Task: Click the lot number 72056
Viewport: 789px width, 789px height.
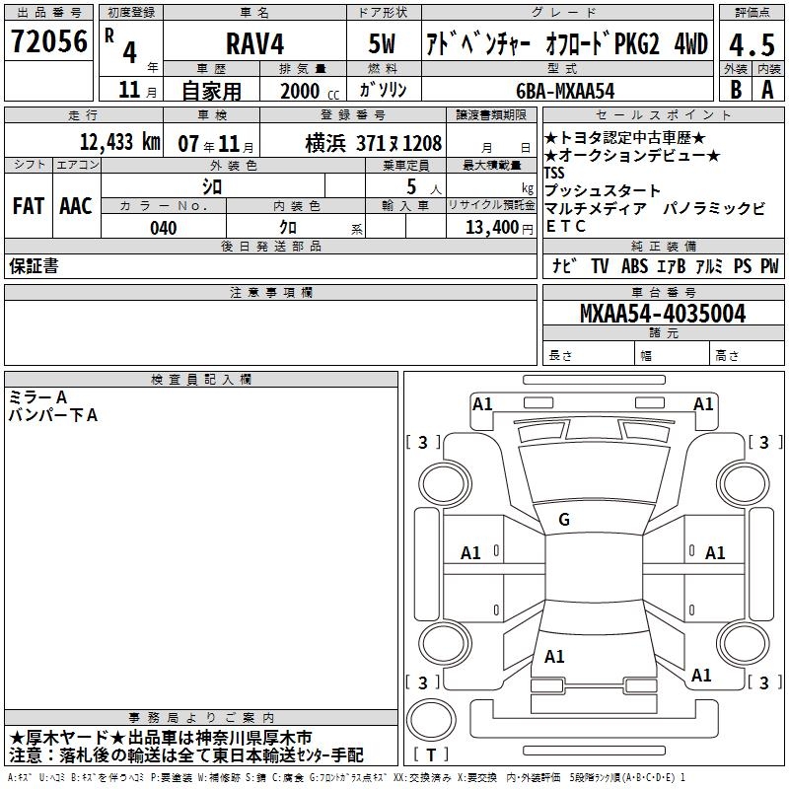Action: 49,41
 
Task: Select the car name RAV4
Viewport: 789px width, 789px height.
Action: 254,43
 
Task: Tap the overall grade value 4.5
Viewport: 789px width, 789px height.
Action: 752,45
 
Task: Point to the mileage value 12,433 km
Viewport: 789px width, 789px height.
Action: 119,142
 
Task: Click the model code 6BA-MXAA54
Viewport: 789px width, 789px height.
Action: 565,91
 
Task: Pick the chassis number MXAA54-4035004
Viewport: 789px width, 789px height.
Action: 663,314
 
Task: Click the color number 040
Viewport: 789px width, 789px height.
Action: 164,228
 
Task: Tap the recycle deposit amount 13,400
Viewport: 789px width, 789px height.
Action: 492,228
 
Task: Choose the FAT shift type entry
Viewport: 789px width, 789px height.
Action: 29,206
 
